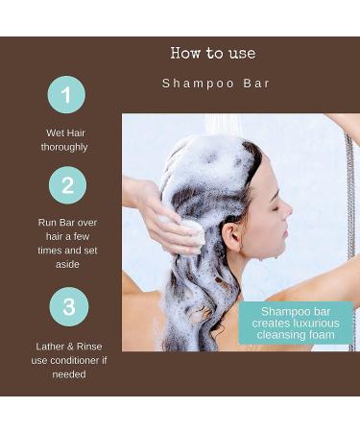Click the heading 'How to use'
[x=213, y=53]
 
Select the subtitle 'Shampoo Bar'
[x=216, y=84]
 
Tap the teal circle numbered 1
[x=67, y=94]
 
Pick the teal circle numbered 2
[x=67, y=185]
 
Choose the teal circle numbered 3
[x=67, y=306]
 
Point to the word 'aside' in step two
[x=67, y=264]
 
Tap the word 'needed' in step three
[x=67, y=373]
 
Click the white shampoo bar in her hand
[x=193, y=232]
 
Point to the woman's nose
[x=288, y=217]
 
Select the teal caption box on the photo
[x=296, y=323]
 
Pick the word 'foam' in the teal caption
[x=318, y=336]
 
